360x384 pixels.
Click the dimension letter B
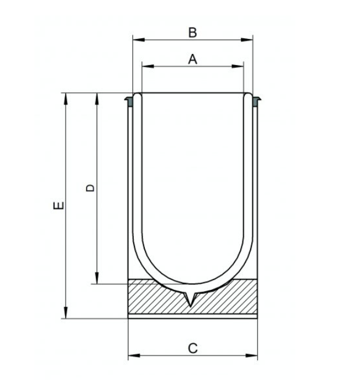point(193,33)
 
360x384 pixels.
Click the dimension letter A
point(193,59)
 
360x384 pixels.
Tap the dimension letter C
point(193,348)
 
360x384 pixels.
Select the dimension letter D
point(90,188)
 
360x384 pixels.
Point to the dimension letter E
point(59,205)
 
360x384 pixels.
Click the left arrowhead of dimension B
point(139,40)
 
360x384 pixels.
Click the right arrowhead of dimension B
point(247,40)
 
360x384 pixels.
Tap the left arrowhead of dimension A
point(148,66)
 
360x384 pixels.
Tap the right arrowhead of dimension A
point(238,66)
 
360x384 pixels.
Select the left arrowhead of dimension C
point(134,356)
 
